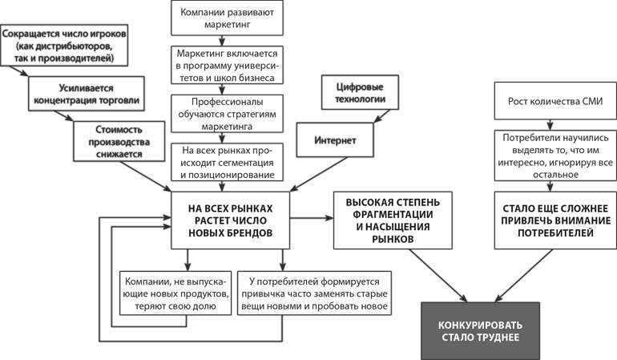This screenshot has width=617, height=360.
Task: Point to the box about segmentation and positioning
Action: coord(225,161)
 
